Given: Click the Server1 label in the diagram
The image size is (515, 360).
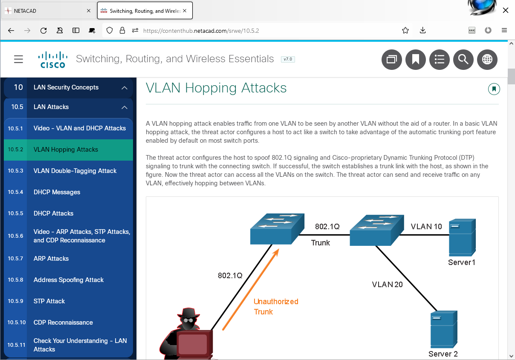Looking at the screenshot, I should pyautogui.click(x=461, y=262).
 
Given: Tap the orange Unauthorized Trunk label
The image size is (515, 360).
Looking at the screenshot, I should pyautogui.click(x=276, y=307).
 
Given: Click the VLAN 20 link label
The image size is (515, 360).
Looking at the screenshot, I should pyautogui.click(x=387, y=284).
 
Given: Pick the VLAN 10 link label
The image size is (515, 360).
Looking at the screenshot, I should pyautogui.click(x=426, y=227).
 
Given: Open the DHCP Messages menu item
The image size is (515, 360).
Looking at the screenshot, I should pyautogui.click(x=57, y=192).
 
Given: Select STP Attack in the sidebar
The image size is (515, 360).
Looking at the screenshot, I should pyautogui.click(x=49, y=301).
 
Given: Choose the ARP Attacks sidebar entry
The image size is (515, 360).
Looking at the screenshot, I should pyautogui.click(x=51, y=259).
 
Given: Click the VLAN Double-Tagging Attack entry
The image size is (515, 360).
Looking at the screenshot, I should pyautogui.click(x=75, y=171).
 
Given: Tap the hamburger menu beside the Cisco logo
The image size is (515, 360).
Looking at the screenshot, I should pyautogui.click(x=18, y=59).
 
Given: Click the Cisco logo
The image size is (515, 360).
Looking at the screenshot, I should pyautogui.click(x=53, y=60).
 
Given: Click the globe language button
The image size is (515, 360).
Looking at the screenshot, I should pyautogui.click(x=487, y=60).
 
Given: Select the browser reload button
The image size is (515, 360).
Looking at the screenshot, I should pyautogui.click(x=43, y=30).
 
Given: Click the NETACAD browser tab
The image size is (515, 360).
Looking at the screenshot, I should pyautogui.click(x=47, y=11).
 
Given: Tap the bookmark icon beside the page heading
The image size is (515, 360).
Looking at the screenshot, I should pyautogui.click(x=494, y=89).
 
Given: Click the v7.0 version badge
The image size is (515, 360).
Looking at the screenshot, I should pyautogui.click(x=288, y=59).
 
